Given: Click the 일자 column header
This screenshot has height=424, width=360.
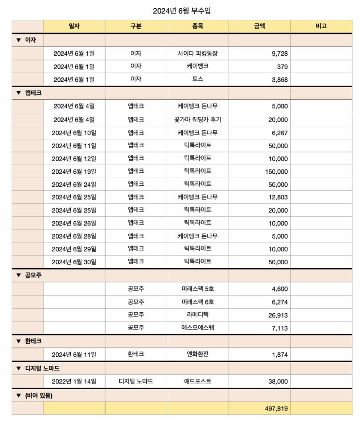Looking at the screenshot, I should pyautogui.click(x=74, y=27).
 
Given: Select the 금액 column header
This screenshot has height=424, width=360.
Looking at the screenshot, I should pyautogui.click(x=259, y=27).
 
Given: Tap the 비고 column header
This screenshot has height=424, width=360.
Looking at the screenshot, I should pyautogui.click(x=321, y=27).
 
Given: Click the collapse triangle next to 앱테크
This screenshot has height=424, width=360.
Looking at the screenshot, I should pyautogui.click(x=18, y=93).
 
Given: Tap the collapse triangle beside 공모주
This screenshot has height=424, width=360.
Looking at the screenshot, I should pyautogui.click(x=18, y=275).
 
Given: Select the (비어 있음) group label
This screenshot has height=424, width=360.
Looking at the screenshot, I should pyautogui.click(x=39, y=395).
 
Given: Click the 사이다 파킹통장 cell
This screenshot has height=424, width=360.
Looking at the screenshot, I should pyautogui.click(x=198, y=53).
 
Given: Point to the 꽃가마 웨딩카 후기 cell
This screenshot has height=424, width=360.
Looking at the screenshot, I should pyautogui.click(x=198, y=120).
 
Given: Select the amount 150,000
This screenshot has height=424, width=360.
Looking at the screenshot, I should pyautogui.click(x=276, y=171).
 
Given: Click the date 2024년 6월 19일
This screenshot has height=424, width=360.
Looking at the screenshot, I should pyautogui.click(x=74, y=171).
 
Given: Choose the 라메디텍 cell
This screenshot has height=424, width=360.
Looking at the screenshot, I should pyautogui.click(x=198, y=315).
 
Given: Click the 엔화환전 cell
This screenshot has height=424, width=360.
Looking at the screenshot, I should pyautogui.click(x=198, y=354).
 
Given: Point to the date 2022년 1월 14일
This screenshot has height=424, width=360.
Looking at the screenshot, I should pyautogui.click(x=74, y=381).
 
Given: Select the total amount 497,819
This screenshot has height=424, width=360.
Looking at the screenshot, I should pyautogui.click(x=276, y=409).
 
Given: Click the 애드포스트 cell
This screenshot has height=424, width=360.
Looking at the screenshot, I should pyautogui.click(x=198, y=381).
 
